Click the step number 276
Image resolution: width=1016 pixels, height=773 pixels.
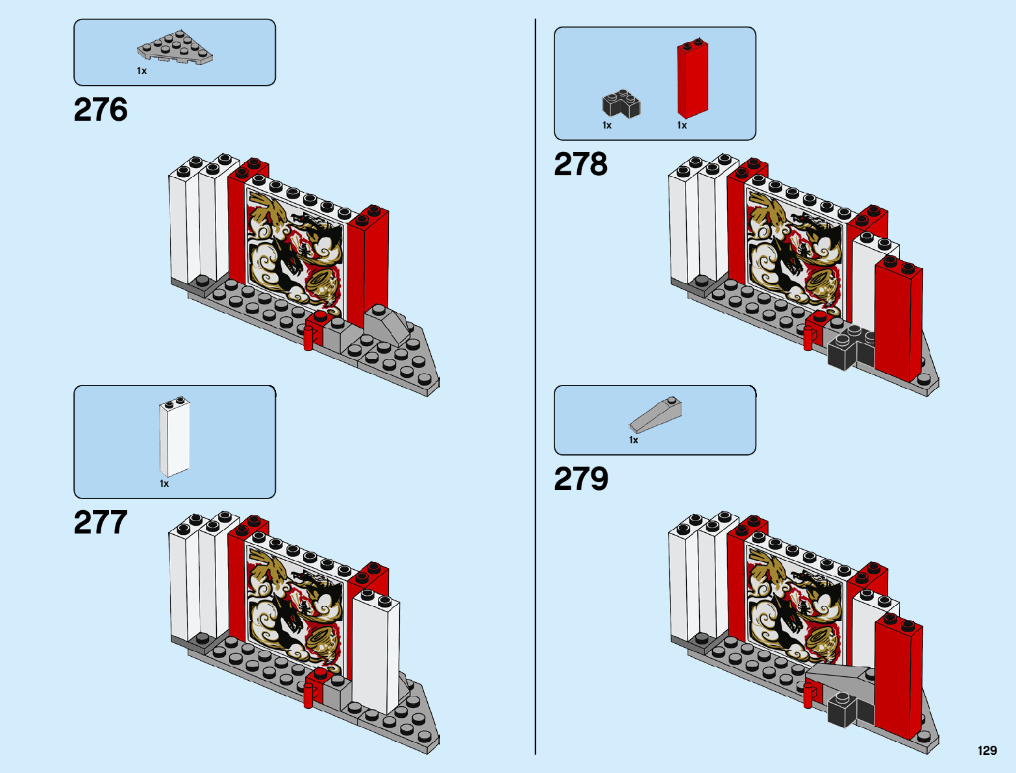101,110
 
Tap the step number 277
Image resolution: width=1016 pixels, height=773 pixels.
101,522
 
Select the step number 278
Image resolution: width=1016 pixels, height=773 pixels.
580,164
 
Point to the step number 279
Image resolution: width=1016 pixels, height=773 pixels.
581,479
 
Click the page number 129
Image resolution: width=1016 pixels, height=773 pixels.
987,750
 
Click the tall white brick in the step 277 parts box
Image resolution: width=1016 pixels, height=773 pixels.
175,437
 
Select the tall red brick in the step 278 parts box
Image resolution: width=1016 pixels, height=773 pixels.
693,79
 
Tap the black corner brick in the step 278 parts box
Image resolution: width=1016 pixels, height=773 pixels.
621,104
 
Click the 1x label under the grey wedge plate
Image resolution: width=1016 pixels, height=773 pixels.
142,71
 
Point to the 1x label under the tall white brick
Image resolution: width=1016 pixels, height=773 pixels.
164,484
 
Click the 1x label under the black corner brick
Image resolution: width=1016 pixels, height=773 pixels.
607,125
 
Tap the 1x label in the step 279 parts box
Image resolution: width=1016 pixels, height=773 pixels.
634,440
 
